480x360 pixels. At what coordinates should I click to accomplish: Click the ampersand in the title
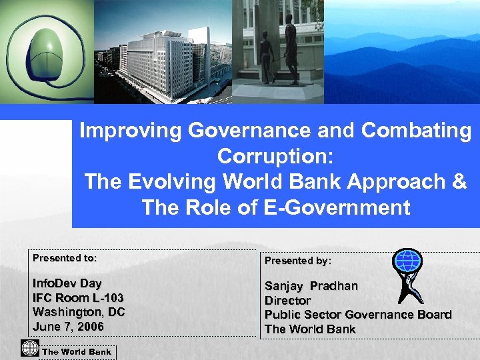pyautogui.click(x=459, y=182)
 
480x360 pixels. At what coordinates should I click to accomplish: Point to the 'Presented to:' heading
pyautogui.click(x=65, y=257)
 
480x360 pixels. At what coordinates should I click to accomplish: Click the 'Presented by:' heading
pyautogui.click(x=298, y=261)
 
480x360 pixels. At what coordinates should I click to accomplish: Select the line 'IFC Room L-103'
pyautogui.click(x=78, y=297)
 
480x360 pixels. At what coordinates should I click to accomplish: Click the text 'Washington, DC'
pyautogui.click(x=79, y=311)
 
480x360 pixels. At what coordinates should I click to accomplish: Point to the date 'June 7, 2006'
pyautogui.click(x=68, y=326)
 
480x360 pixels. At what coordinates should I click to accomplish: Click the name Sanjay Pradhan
pyautogui.click(x=311, y=286)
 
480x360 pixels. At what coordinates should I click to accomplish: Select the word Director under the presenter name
pyautogui.click(x=287, y=300)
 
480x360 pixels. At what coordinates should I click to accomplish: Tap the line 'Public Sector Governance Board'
pyautogui.click(x=358, y=314)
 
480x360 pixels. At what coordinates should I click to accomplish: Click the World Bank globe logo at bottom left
pyautogui.click(x=29, y=349)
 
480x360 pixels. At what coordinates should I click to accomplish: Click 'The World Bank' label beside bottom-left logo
pyautogui.click(x=77, y=351)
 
